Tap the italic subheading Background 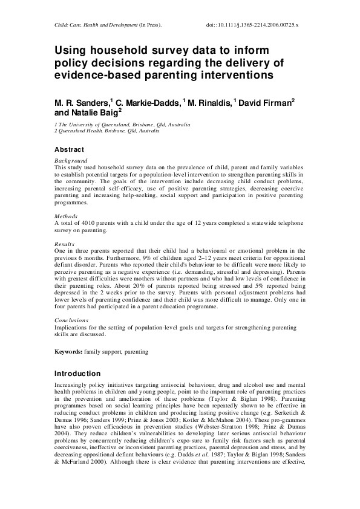71,160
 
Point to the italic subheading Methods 66,216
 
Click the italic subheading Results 65,244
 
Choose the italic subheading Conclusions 71,320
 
